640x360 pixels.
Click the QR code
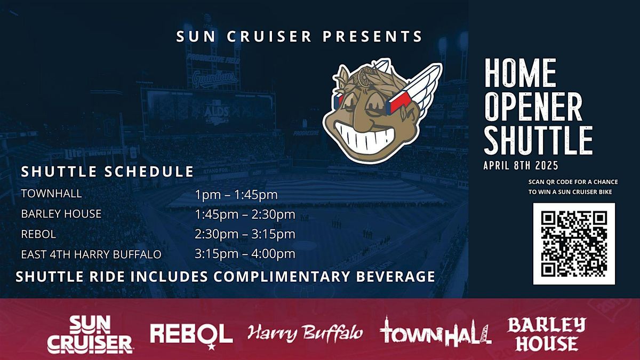coord(574,243)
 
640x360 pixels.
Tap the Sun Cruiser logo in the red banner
coord(90,334)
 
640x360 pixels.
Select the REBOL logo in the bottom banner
coord(191,333)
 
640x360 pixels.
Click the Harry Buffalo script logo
coord(305,333)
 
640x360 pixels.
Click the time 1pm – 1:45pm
coord(236,195)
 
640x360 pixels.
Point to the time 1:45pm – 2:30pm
coord(245,214)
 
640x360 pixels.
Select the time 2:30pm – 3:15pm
coord(245,234)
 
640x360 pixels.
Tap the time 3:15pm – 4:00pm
coord(245,254)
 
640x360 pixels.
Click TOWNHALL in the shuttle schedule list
coord(51,194)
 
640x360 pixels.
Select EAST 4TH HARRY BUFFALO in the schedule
coord(91,254)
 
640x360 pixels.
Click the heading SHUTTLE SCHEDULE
coord(107,172)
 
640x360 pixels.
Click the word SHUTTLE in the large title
coord(538,140)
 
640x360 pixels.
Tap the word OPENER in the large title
coord(533,106)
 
